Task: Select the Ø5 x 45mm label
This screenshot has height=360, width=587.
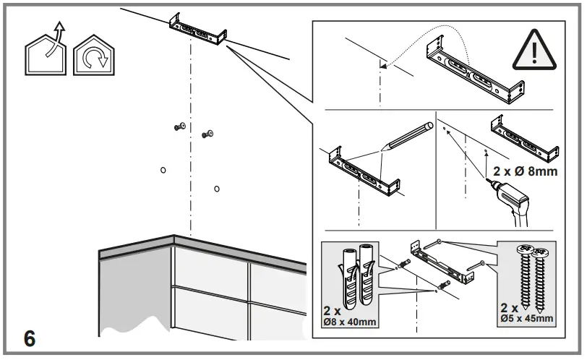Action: (x=526, y=317)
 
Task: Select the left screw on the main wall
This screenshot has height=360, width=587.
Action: (x=179, y=127)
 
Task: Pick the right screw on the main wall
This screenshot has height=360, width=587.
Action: (x=207, y=133)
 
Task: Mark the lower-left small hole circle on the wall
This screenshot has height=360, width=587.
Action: (x=163, y=170)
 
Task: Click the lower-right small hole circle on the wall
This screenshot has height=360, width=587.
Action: (x=217, y=189)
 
